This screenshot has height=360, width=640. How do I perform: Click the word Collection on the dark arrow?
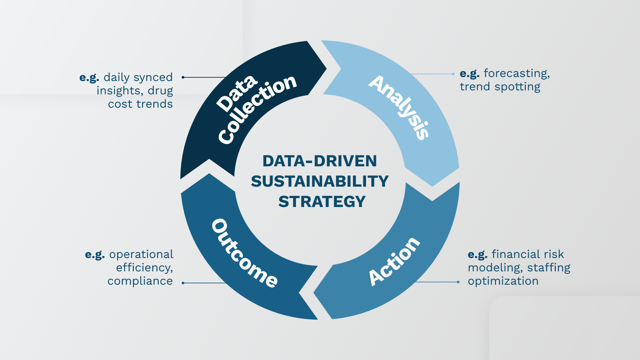pos(257,110)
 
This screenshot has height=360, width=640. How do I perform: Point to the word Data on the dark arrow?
pos(237,94)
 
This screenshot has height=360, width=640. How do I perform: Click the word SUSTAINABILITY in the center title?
pos(320,182)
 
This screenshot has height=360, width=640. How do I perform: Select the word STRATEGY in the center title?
pos(322,202)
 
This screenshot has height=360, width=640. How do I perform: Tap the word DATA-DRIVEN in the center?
pos(320,161)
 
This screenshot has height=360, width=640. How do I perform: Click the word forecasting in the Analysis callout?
pos(516,73)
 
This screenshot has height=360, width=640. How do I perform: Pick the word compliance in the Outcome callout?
pos(140,281)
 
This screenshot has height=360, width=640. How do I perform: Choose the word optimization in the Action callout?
pos(503,281)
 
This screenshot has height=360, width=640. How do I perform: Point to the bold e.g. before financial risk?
pos(477,254)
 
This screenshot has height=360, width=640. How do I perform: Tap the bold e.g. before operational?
pos(95,254)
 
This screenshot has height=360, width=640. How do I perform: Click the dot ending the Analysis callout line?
pos(453,74)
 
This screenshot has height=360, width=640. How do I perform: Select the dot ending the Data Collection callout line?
pos(183,77)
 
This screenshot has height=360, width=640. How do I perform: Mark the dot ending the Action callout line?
pos(458,282)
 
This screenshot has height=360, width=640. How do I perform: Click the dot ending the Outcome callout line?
pos(183,283)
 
